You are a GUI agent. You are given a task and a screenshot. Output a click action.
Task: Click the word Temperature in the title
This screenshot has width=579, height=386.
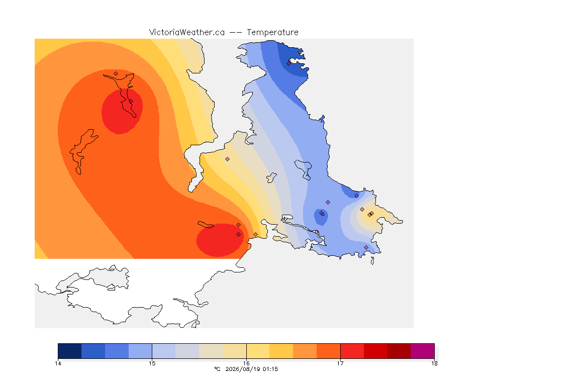272,33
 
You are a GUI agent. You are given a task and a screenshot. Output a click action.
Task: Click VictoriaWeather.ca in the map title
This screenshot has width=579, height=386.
187,33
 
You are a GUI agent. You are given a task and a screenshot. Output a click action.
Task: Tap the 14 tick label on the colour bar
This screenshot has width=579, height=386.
58,363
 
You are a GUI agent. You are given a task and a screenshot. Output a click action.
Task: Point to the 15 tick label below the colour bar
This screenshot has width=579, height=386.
152,363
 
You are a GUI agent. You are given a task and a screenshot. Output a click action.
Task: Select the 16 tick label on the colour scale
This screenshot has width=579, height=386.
246,363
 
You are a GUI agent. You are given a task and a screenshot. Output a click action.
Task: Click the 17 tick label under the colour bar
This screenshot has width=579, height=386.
340,363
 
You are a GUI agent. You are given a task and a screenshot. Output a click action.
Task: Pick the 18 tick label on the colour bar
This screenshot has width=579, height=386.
434,363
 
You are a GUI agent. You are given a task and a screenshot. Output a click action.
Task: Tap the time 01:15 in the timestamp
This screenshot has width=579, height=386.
270,369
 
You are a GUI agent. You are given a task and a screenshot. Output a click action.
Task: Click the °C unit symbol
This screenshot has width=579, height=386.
217,369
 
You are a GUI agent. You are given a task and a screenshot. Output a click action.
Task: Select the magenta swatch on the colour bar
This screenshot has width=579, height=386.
422,351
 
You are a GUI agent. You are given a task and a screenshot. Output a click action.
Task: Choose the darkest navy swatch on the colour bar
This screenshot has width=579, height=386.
70,351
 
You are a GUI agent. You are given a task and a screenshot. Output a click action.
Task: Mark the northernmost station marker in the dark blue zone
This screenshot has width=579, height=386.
289,63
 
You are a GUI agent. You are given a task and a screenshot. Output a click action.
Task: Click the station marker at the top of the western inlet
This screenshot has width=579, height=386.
116,74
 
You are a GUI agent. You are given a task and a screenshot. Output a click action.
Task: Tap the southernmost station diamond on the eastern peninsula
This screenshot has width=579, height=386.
366,247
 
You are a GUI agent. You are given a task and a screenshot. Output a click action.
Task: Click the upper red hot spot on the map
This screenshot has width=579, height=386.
122,111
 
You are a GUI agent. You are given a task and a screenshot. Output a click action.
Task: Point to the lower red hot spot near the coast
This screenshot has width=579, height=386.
220,240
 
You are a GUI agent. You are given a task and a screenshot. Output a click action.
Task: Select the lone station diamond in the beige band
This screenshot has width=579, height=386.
228,159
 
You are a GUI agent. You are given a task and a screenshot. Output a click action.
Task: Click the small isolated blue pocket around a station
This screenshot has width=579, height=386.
321,217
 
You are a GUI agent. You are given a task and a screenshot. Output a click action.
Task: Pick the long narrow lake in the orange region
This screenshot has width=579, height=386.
83,151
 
